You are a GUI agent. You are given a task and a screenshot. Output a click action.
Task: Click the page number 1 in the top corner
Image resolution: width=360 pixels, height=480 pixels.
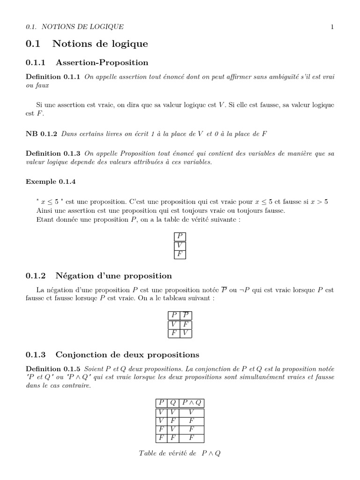coord(332,27)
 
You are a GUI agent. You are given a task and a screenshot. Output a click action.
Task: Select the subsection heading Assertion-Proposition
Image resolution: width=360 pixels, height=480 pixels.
coord(102,62)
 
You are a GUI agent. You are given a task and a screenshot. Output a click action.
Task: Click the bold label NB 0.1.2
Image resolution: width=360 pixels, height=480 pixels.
coord(41,134)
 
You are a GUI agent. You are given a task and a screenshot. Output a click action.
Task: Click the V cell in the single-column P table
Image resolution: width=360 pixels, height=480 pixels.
coord(180,246)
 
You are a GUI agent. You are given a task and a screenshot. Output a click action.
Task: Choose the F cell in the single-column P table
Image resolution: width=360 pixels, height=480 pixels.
coord(180,255)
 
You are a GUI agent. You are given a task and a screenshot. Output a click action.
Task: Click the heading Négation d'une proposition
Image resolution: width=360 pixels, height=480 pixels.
coord(113,276)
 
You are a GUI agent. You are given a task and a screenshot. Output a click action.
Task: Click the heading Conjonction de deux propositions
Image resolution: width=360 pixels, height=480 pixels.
coord(127,354)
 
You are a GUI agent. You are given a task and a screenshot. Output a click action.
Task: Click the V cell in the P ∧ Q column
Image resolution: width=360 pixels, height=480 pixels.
coord(191,412)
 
